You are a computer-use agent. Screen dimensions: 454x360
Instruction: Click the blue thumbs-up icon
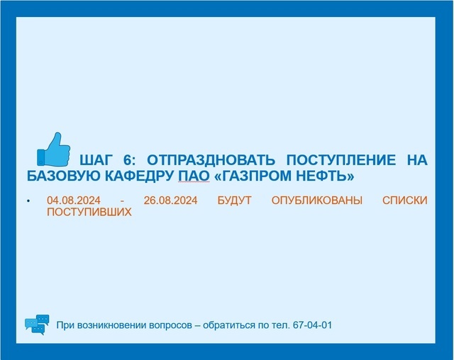tap(54, 150)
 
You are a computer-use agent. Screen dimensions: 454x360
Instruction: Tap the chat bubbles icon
tap(37, 325)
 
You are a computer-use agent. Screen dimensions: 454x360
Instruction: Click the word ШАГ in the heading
tap(96, 160)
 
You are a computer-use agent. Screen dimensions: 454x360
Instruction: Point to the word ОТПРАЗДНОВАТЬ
tap(211, 160)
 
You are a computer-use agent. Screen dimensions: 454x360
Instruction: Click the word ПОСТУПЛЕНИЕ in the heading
tap(340, 160)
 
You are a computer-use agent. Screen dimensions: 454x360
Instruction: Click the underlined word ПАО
tap(194, 176)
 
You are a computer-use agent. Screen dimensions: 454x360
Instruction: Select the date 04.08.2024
tap(74, 201)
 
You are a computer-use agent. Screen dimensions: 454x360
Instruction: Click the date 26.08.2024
tap(170, 201)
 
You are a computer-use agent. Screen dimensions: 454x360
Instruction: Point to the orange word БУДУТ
tap(234, 201)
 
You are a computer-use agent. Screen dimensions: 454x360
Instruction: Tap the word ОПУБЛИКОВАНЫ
tap(317, 201)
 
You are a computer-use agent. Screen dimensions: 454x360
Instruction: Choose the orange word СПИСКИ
tap(405, 201)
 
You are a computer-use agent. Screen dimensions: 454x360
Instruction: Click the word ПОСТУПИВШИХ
tap(89, 212)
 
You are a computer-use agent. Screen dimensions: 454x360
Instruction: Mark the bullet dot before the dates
tap(28, 201)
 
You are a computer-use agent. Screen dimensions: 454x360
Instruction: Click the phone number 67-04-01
tap(312, 325)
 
